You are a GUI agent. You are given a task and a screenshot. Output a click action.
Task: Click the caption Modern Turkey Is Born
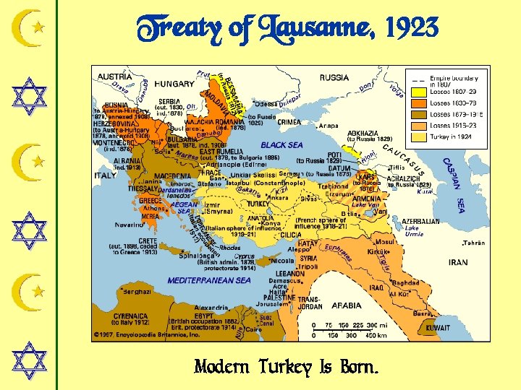coord(285,368)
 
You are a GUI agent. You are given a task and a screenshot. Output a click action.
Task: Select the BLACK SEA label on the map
coord(282,145)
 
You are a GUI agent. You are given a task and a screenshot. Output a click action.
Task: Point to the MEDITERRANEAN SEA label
coord(209,280)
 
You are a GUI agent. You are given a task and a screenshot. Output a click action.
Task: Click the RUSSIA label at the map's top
coord(334,77)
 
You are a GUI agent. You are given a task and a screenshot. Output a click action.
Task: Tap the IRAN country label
coord(458,263)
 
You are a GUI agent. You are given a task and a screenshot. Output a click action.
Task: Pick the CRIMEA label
coord(289,122)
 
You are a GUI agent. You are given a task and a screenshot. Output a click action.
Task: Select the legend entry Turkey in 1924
coord(450,136)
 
